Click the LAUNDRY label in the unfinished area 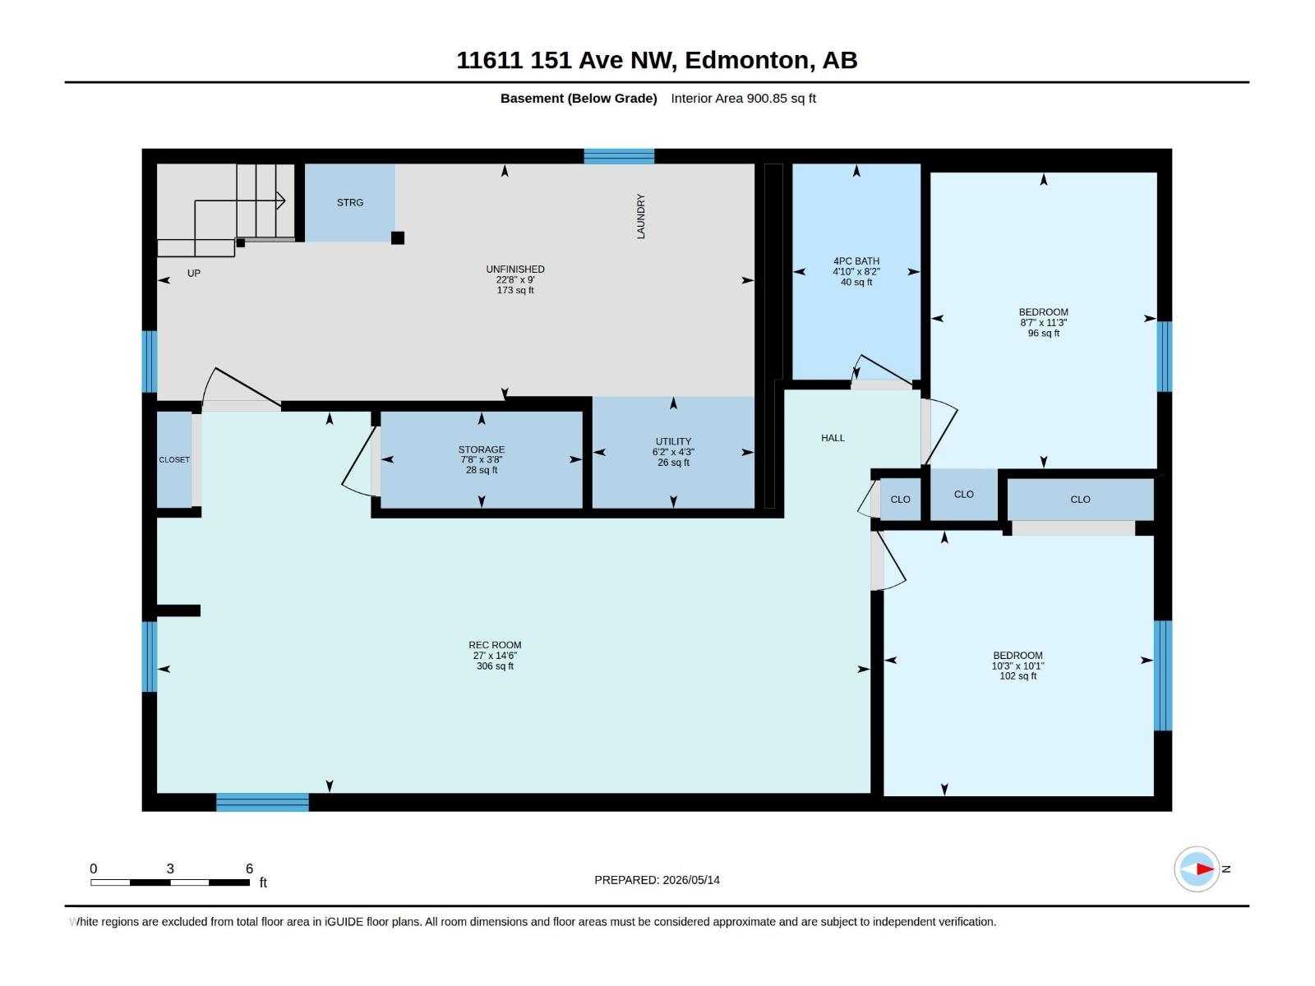[x=640, y=216]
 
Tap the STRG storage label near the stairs [x=350, y=202]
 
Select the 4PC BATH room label [x=856, y=261]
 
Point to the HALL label [x=833, y=438]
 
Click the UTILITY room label [x=673, y=441]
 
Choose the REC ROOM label [x=495, y=645]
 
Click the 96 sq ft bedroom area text [x=1044, y=333]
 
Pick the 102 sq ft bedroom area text [x=1017, y=676]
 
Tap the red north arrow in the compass [x=1205, y=869]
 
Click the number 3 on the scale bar [x=170, y=869]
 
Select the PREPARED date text [x=657, y=880]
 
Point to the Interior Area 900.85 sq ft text [x=744, y=98]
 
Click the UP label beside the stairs [x=193, y=274]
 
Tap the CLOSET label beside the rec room [x=174, y=460]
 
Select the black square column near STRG [x=398, y=237]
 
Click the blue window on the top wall [x=619, y=156]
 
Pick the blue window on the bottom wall [x=262, y=802]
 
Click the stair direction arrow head [x=282, y=200]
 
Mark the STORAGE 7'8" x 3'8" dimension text [x=482, y=460]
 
